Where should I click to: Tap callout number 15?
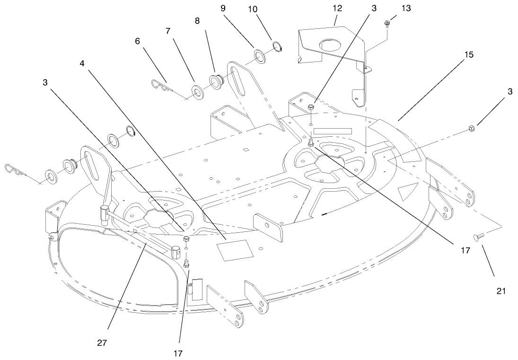pyautogui.click(x=469, y=54)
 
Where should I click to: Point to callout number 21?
pyautogui.click(x=501, y=291)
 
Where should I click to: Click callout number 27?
pyautogui.click(x=102, y=343)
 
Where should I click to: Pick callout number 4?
pyautogui.click(x=82, y=63)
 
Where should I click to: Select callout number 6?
pyautogui.click(x=138, y=41)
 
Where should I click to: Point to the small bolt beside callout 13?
pyautogui.click(x=387, y=23)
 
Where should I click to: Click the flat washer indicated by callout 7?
pyautogui.click(x=197, y=90)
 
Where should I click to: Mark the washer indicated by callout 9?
pyautogui.click(x=260, y=55)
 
